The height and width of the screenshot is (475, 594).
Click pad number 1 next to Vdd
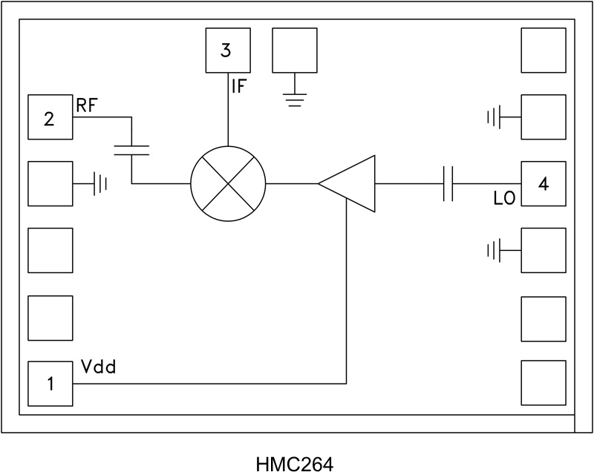coord(50,384)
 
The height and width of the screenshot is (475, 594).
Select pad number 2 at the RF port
coord(50,117)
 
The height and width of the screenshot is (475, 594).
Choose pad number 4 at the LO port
coord(544,184)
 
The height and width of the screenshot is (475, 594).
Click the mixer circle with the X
coord(228,183)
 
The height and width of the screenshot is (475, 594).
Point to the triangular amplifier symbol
coord(350,183)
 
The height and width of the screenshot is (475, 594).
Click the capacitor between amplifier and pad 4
coord(448,183)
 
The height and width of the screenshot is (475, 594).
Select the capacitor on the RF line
coord(131,151)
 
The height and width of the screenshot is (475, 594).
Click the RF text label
coord(86,105)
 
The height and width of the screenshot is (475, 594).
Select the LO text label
coord(504,198)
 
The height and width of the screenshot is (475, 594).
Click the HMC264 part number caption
coord(295,465)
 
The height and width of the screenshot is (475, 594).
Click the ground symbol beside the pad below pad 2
coord(99,183)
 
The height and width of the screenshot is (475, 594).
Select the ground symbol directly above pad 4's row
coord(495,117)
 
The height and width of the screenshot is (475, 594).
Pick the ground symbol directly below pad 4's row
coord(495,250)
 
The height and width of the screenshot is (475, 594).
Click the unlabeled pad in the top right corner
coord(544,50)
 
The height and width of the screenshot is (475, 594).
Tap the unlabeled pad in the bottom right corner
coord(544,383)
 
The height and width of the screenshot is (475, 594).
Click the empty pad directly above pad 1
coord(50,318)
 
